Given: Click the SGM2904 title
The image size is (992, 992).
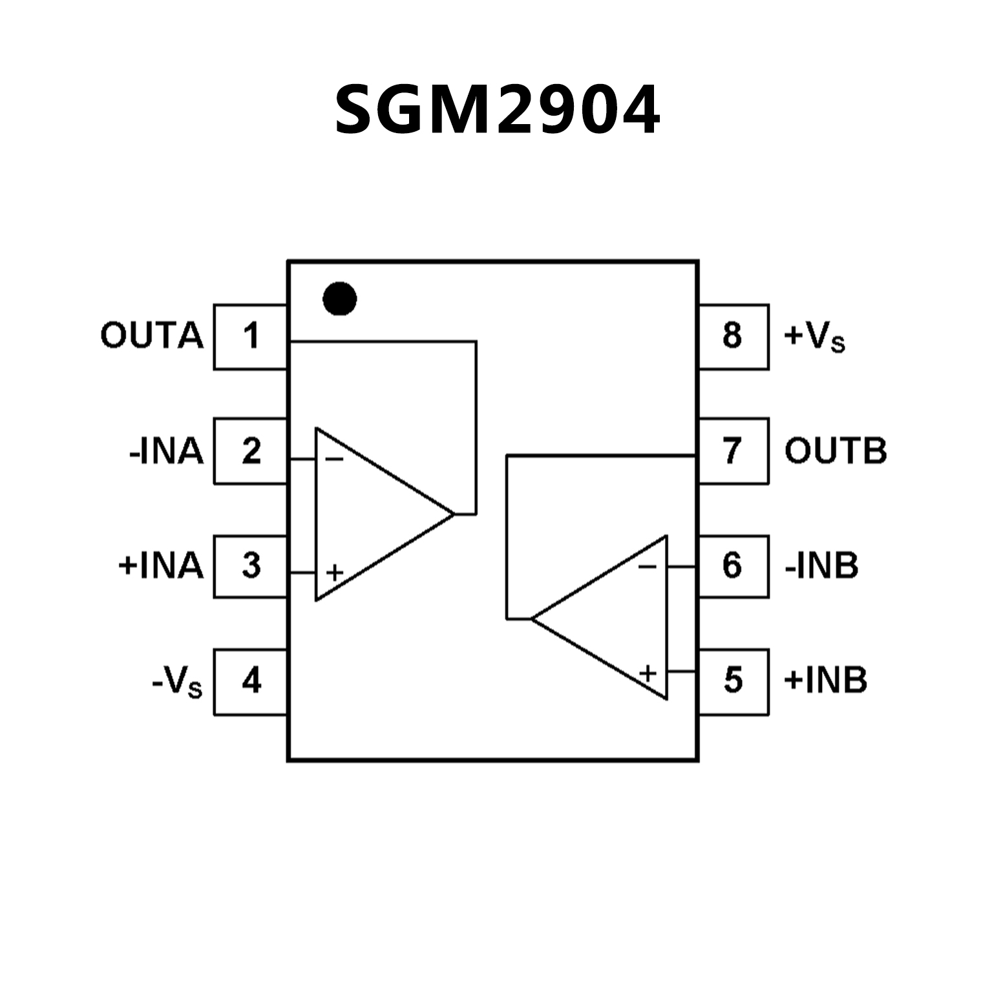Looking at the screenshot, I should [x=497, y=110].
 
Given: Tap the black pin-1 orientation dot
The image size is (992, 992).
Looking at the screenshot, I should [x=339, y=299].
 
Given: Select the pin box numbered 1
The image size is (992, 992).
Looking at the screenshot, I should [x=251, y=337].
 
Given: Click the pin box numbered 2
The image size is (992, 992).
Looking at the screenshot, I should [x=251, y=451].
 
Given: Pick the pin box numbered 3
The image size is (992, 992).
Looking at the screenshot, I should [x=251, y=566].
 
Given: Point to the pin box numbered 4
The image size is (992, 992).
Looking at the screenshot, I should [x=251, y=681].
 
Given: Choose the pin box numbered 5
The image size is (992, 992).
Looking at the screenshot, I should [x=733, y=681].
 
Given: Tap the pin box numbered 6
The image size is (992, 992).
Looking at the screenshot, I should [x=733, y=566].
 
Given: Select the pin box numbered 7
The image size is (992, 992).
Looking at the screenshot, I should [x=733, y=451].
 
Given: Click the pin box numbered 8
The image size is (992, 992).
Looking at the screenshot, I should [x=733, y=337].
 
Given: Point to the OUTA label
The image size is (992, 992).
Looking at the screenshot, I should [x=152, y=337].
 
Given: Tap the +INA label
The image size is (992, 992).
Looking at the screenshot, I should [x=161, y=566].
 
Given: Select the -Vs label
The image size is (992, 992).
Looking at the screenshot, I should [x=177, y=682].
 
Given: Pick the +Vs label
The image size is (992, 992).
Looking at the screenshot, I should [x=814, y=337].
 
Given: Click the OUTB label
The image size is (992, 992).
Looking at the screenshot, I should [x=835, y=451].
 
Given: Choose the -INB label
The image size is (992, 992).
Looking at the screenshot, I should [x=821, y=566].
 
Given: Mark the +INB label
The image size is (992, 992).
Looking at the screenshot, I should [x=825, y=681].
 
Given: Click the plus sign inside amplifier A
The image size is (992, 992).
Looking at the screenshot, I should [x=334, y=573].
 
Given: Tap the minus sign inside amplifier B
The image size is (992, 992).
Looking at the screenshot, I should [x=647, y=567].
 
